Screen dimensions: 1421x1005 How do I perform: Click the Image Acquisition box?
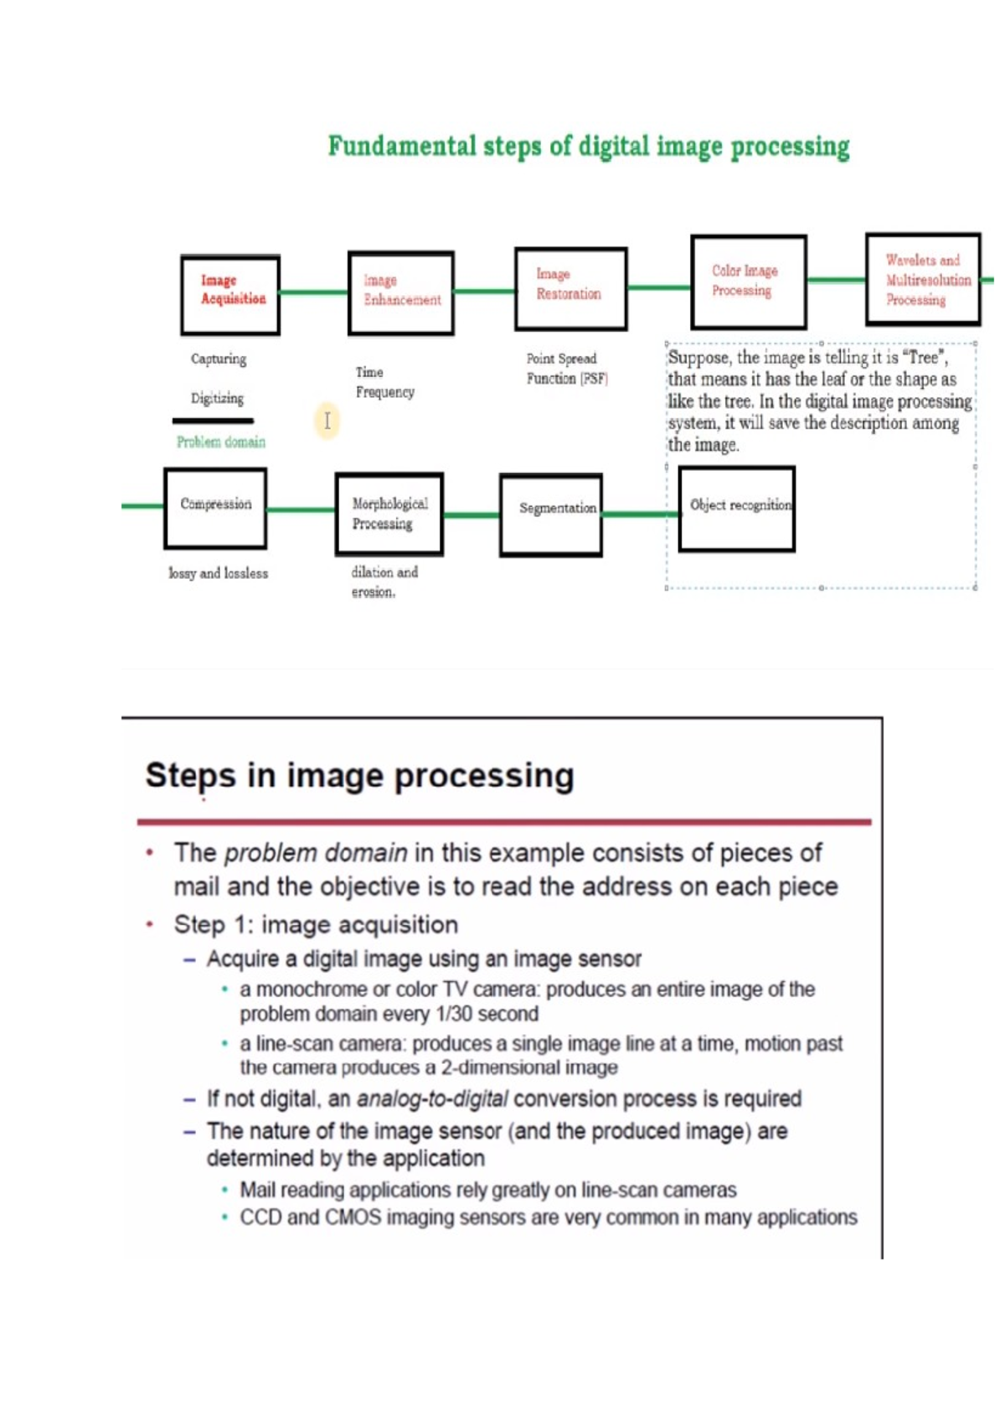[230, 295]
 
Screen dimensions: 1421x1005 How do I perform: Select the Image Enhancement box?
[401, 293]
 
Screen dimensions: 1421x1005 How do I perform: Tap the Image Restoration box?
[570, 288]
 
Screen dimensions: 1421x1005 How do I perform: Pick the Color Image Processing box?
[748, 282]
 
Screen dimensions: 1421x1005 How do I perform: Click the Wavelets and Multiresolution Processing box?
[922, 279]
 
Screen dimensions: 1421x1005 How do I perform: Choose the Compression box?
[215, 509]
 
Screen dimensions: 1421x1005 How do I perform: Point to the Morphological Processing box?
[389, 514]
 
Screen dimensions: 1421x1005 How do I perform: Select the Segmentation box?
[551, 514]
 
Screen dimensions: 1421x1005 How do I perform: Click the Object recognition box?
[736, 509]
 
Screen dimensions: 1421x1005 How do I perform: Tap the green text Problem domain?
[220, 442]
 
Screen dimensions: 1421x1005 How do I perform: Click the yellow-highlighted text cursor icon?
[327, 420]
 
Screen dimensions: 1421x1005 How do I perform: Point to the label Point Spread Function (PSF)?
[566, 369]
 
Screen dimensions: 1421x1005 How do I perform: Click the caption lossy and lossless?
[218, 573]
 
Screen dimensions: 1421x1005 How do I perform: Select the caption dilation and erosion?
[384, 581]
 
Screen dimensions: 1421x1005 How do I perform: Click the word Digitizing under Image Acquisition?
[217, 398]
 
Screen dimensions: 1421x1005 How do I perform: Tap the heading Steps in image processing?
[359, 775]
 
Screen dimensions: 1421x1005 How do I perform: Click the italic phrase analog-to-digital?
[431, 1098]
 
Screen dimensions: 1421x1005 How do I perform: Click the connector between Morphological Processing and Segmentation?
[471, 514]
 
